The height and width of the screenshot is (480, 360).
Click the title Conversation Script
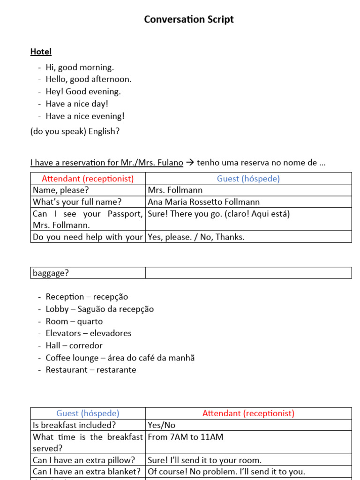(x=188, y=20)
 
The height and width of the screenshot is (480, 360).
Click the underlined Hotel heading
(x=41, y=52)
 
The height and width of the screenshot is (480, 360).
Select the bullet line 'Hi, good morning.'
(x=80, y=67)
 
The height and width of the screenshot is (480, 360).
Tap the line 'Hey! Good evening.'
(x=83, y=92)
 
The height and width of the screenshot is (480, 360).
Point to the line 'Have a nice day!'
(x=77, y=104)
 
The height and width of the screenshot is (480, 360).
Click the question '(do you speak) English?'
(x=75, y=131)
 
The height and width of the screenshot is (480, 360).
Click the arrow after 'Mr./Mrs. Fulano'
(x=190, y=163)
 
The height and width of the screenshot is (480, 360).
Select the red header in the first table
(x=88, y=179)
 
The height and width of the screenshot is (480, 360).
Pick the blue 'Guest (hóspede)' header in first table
(x=248, y=179)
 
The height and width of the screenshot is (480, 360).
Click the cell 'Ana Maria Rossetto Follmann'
(x=203, y=202)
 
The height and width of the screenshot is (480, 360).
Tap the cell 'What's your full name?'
(x=77, y=202)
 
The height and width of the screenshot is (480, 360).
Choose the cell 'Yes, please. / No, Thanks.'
(x=196, y=237)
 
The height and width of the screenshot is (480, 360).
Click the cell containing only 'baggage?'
(x=50, y=273)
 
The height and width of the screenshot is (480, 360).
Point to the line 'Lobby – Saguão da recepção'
(x=99, y=309)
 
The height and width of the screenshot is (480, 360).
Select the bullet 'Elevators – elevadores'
(x=89, y=333)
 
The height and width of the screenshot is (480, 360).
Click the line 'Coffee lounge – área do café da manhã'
(x=120, y=358)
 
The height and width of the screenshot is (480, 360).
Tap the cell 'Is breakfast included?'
(x=74, y=425)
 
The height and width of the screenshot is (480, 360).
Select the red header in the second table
(x=248, y=413)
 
